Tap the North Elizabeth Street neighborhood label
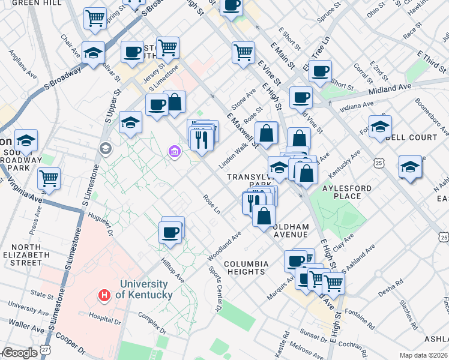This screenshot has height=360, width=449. click(x=26, y=254)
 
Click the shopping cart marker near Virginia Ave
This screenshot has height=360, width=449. click(x=49, y=178)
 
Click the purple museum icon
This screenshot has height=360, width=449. click(x=174, y=152)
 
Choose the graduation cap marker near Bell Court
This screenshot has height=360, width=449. click(x=380, y=127)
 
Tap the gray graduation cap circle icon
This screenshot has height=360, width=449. click(x=106, y=148)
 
